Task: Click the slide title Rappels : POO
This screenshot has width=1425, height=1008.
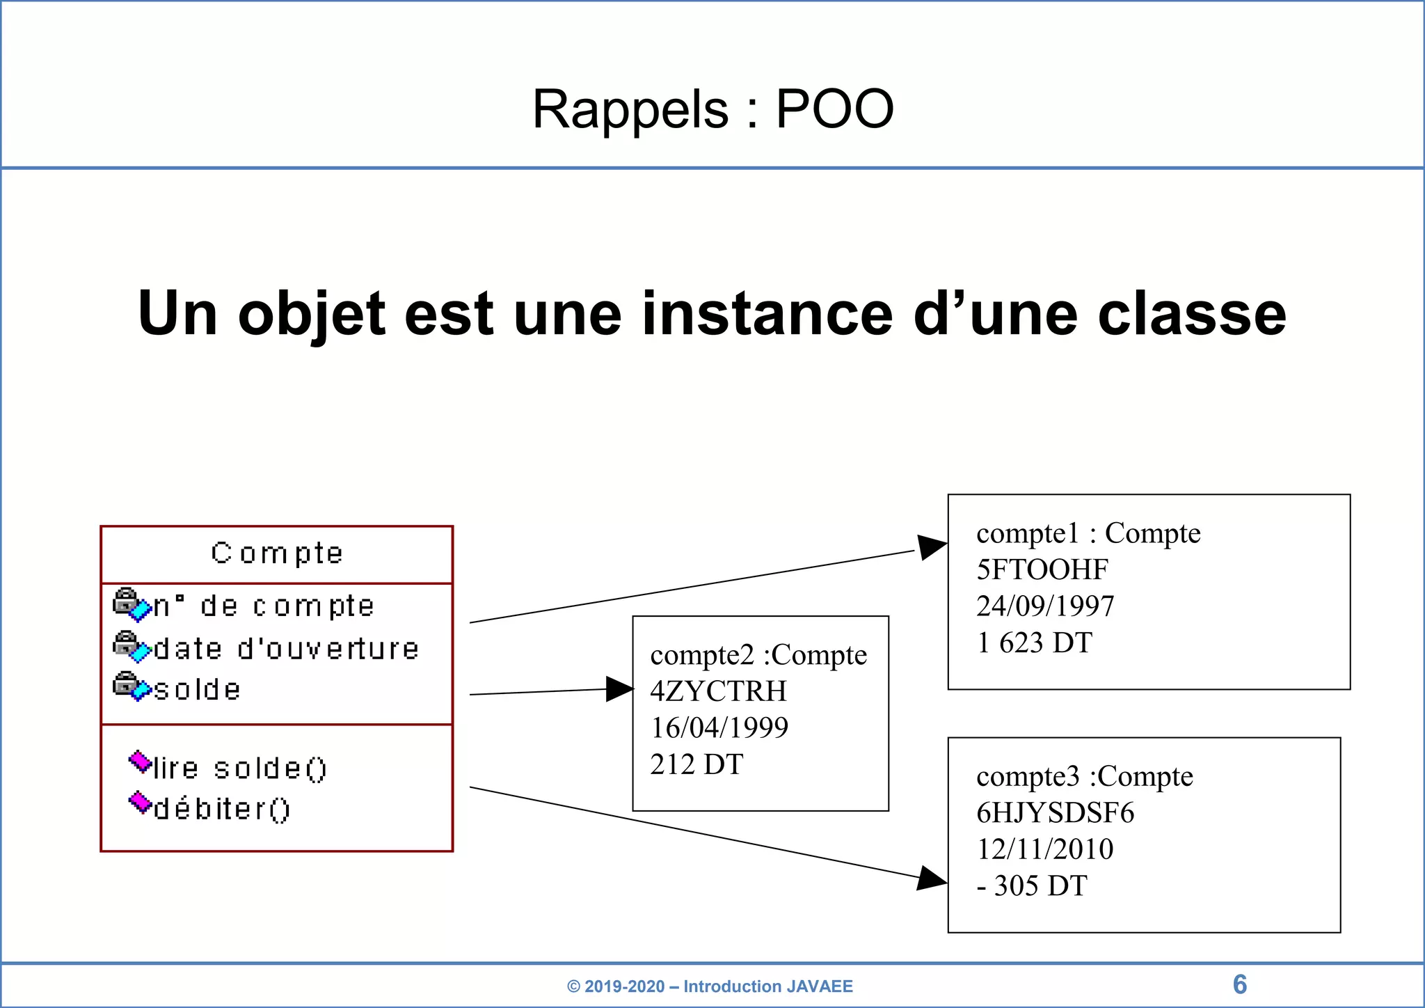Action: pos(712,109)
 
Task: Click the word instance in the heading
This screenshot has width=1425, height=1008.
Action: pos(767,314)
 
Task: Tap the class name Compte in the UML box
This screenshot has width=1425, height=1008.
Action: pos(277,553)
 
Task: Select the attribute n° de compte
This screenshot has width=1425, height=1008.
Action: pos(264,606)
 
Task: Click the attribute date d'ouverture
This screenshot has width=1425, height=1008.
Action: pos(286,649)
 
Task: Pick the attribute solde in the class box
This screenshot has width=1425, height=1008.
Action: pos(197,690)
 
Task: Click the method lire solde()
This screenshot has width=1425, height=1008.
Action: pos(239,769)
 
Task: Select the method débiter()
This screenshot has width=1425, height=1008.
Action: pos(221,809)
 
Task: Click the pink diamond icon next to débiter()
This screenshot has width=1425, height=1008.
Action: pos(140,802)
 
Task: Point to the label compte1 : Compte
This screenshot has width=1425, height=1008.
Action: pos(1088,534)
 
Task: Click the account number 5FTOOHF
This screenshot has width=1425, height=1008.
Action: pos(1042,570)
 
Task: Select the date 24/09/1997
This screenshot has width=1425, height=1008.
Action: pos(1045,606)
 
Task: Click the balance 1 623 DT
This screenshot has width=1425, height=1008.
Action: pos(1034,643)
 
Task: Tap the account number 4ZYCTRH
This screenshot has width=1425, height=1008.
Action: pos(718,691)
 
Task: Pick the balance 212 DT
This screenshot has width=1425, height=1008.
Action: pos(696,764)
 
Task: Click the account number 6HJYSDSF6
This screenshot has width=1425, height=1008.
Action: pos(1055,813)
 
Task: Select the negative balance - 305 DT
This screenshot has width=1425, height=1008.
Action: pos(1031,886)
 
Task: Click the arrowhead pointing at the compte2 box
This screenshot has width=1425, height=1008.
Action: pos(619,689)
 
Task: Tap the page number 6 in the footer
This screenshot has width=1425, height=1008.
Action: pos(1239,984)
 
